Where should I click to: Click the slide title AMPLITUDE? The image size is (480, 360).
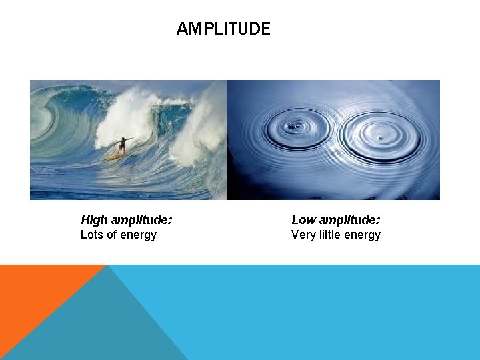click(223, 29)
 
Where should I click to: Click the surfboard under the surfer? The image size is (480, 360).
click(115, 157)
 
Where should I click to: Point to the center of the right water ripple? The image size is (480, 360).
click(379, 137)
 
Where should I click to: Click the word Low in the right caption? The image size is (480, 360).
click(303, 220)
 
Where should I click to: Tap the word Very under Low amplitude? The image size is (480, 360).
click(304, 235)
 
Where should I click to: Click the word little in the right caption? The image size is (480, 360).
click(335, 235)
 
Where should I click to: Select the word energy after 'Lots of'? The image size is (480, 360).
click(139, 235)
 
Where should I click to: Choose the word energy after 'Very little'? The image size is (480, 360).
click(365, 235)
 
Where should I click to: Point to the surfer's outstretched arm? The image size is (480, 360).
click(129, 139)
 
